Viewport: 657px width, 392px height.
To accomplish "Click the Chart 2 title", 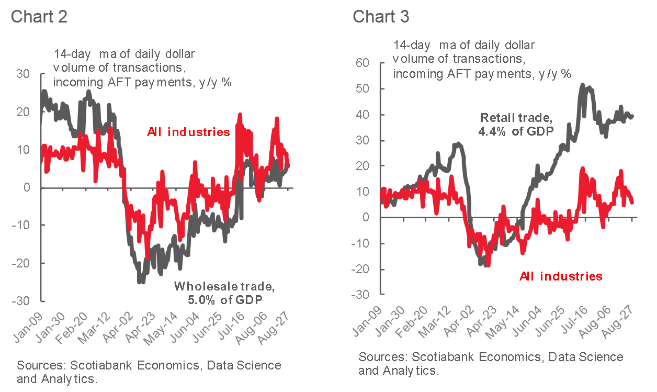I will (x=39, y=16).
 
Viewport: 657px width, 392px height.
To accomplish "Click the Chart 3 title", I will (x=381, y=16).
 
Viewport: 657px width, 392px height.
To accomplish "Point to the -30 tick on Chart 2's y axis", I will (x=22, y=301).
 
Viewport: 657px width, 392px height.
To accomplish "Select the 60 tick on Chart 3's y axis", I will (x=363, y=63).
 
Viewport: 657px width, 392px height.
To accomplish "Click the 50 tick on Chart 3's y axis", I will (x=363, y=89).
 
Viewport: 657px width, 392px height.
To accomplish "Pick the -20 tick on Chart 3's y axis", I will (x=361, y=269).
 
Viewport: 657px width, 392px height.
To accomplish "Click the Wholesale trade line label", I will (x=223, y=286).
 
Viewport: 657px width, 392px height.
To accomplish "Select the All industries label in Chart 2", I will (x=188, y=132).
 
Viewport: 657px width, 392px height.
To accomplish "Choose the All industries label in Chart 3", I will (x=561, y=276).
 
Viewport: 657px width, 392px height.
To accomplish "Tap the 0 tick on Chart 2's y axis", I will (x=31, y=187).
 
